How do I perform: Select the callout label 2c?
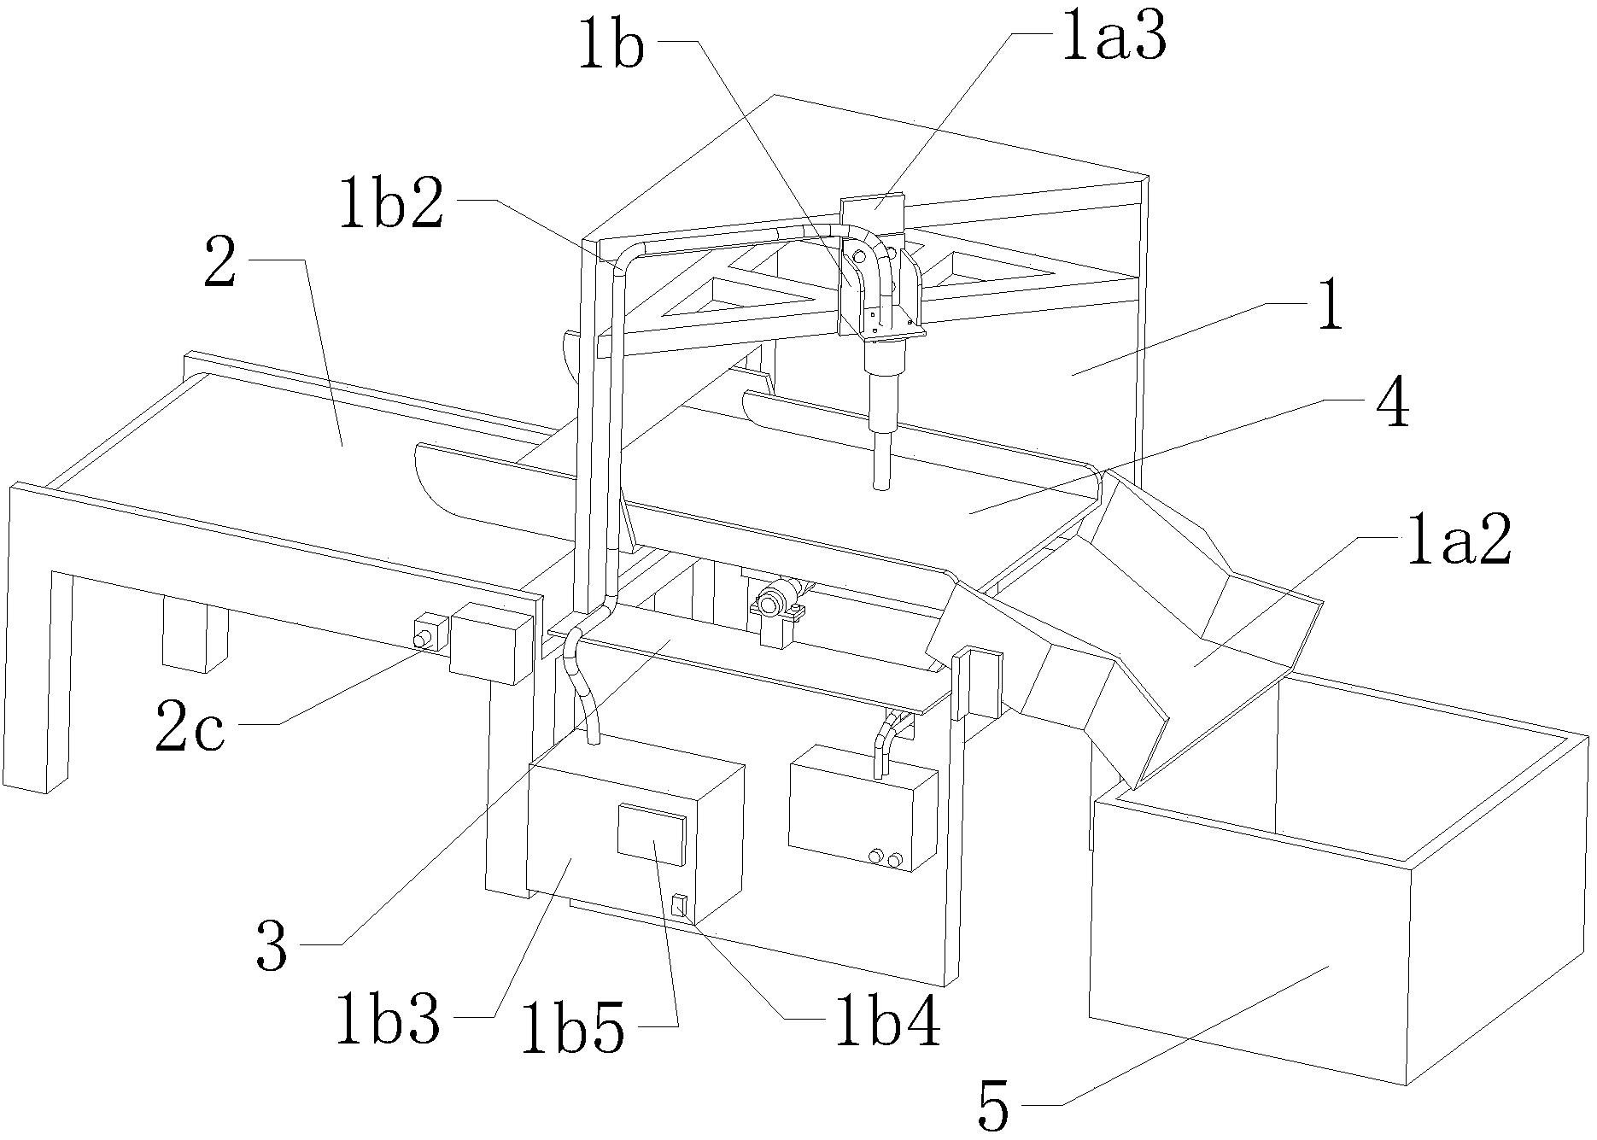190,726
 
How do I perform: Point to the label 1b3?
389,1015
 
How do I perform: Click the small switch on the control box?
679,904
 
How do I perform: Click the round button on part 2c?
421,640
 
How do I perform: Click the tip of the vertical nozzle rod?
880,488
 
